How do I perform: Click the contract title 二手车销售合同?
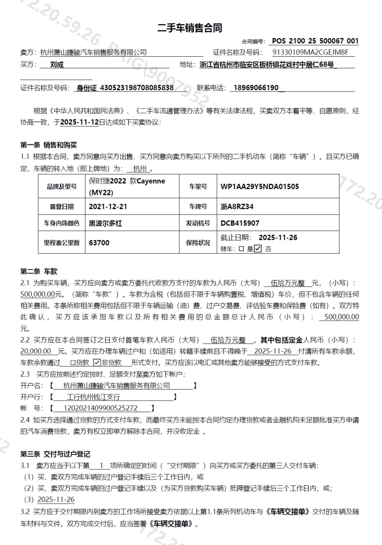(x=190, y=28)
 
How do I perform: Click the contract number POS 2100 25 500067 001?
(x=315, y=41)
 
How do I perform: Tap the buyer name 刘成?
(x=57, y=65)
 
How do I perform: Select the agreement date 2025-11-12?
(x=79, y=122)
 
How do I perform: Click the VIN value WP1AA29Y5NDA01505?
(x=260, y=186)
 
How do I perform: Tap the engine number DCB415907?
(x=240, y=223)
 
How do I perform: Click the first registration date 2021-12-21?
(x=108, y=207)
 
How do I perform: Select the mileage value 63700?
(x=99, y=243)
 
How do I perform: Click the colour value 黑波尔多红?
(x=105, y=223)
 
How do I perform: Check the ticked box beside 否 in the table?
(x=258, y=249)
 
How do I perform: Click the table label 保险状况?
(x=198, y=243)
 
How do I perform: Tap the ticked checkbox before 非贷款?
(x=96, y=363)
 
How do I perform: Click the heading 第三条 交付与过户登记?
(x=55, y=454)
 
